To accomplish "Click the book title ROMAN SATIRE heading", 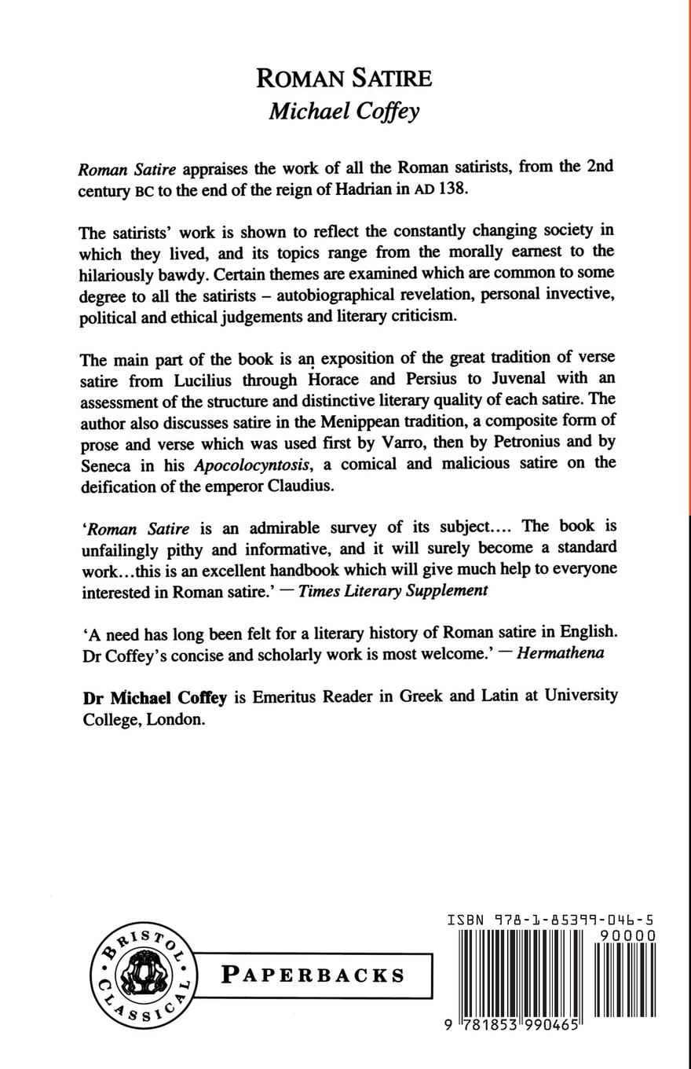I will coord(344,79).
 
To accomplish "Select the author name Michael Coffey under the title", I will coord(344,111).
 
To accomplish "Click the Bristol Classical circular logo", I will coord(142,974).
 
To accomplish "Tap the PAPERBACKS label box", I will coord(313,975).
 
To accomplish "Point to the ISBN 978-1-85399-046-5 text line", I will coord(550,919).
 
